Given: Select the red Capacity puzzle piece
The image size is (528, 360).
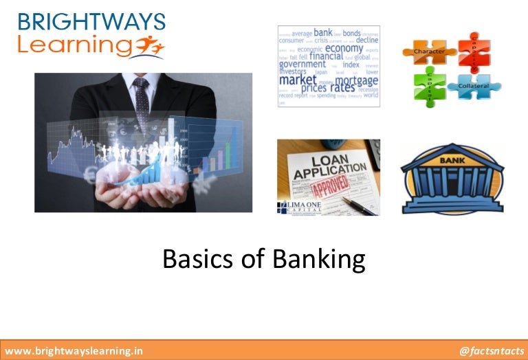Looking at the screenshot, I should (474, 49).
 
